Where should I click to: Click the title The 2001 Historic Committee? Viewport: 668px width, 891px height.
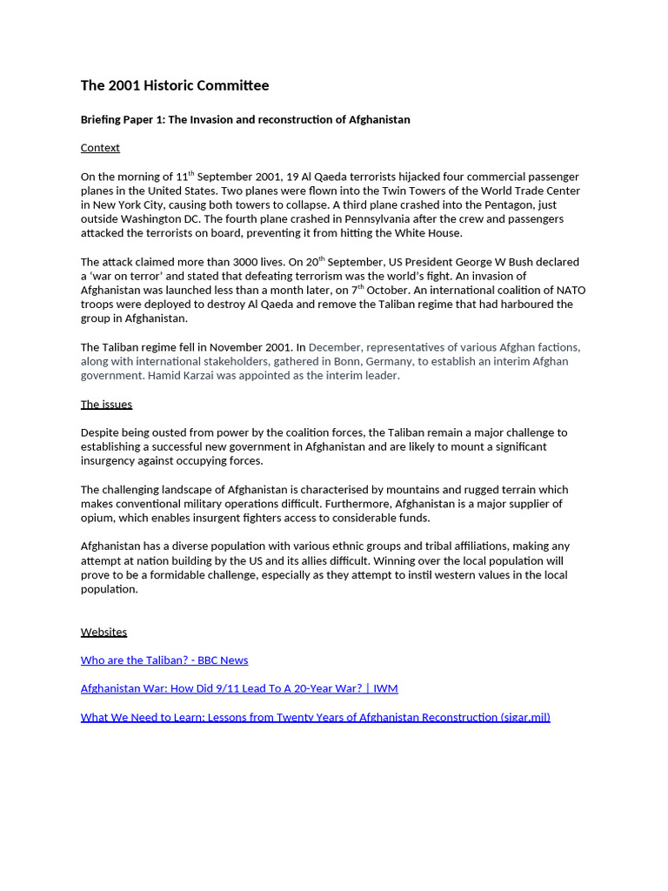tap(175, 85)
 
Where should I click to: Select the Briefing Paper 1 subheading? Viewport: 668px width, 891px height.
tap(245, 119)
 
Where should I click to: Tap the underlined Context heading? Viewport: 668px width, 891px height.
tap(100, 148)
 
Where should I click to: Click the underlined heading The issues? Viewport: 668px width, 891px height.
tap(106, 404)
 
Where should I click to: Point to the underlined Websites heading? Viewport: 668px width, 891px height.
tap(104, 632)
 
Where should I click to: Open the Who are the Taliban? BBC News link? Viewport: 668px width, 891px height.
tap(164, 660)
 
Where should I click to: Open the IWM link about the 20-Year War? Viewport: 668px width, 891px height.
tap(239, 688)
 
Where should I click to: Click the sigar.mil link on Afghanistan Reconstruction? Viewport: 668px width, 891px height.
tap(315, 717)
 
